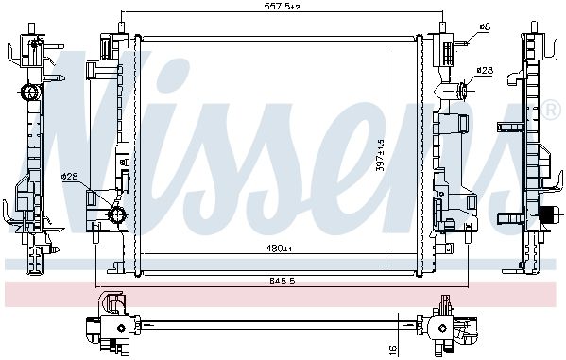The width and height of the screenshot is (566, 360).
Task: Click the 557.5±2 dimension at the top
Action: [283, 6]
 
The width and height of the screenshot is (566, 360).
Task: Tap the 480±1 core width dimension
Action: [279, 249]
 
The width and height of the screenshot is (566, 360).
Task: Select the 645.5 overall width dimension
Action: [282, 282]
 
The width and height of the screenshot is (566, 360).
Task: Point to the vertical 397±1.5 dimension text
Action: [380, 156]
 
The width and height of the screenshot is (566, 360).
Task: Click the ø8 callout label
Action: [485, 26]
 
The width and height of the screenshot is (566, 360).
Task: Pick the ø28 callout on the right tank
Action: [485, 71]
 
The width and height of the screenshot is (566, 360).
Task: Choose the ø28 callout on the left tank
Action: [70, 176]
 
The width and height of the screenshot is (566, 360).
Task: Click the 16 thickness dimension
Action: [393, 348]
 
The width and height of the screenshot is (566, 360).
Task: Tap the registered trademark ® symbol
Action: [551, 111]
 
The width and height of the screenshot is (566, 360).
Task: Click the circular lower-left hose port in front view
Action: [118, 214]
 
